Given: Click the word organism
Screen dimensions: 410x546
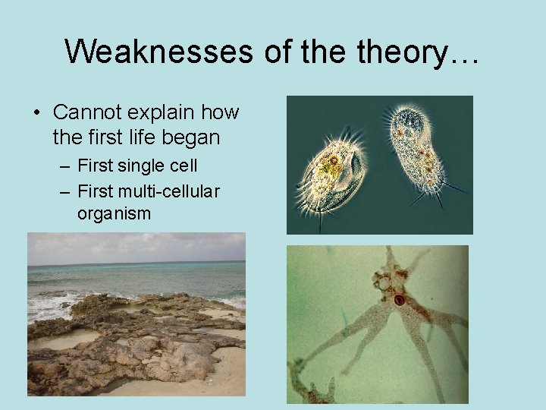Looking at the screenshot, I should click(114, 214).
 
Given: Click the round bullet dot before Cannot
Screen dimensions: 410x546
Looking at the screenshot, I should click(36, 113).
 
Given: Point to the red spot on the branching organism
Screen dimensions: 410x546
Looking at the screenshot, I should click(399, 300).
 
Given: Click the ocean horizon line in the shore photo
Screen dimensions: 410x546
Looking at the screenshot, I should click(136, 264).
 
